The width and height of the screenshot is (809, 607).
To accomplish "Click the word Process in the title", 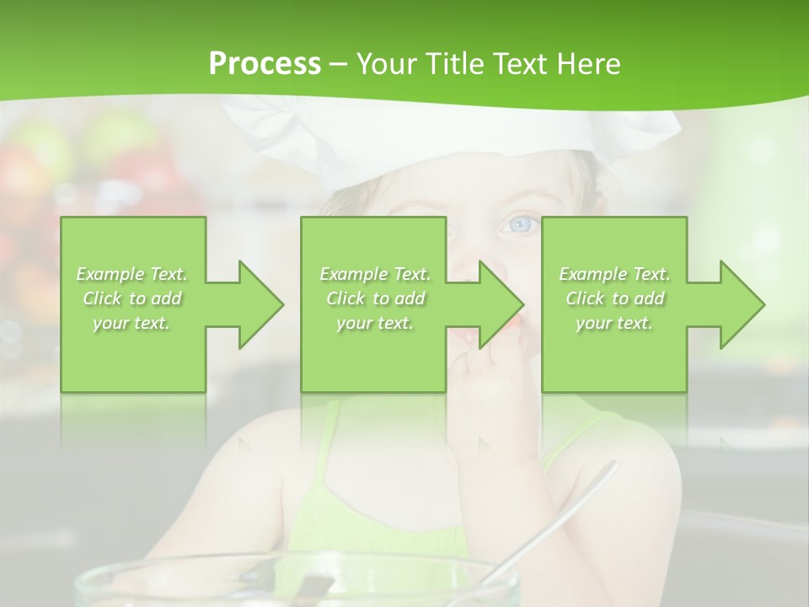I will pyautogui.click(x=265, y=64).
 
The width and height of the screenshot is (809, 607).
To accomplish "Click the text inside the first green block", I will pyautogui.click(x=131, y=298).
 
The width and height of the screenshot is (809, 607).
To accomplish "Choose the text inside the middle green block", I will pyautogui.click(x=374, y=298).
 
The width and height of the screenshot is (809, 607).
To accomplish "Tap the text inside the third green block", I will pyautogui.click(x=614, y=298).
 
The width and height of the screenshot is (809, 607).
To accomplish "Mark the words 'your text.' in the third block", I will pyautogui.click(x=614, y=323).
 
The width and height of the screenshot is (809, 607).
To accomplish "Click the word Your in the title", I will pyautogui.click(x=385, y=64).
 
